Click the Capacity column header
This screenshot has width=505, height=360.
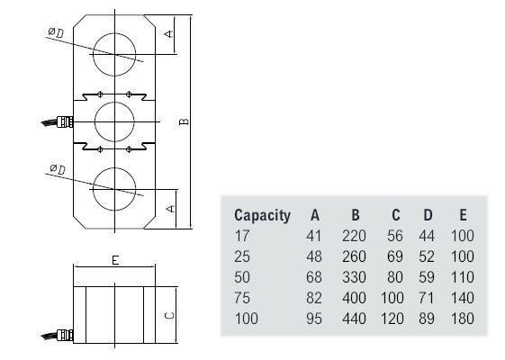click(262, 216)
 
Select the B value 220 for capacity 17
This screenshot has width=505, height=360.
click(354, 236)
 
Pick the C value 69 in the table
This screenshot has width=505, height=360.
click(395, 256)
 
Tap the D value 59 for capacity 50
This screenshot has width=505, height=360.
click(427, 277)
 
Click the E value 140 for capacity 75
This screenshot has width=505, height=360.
click(463, 298)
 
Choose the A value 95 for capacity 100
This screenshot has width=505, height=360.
click(314, 319)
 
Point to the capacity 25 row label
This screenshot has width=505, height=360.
click(242, 256)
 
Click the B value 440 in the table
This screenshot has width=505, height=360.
click(354, 319)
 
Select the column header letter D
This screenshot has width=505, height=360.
click(428, 215)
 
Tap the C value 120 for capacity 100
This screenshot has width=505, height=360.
click(392, 319)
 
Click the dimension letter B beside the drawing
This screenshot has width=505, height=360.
click(184, 121)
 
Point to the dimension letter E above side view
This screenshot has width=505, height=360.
click(115, 260)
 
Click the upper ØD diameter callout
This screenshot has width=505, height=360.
click(56, 32)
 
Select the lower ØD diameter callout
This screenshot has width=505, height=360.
click(58, 169)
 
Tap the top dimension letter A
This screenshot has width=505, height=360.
click(168, 33)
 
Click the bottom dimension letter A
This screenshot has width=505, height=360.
click(170, 208)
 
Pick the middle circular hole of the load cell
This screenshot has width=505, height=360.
click(114, 121)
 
